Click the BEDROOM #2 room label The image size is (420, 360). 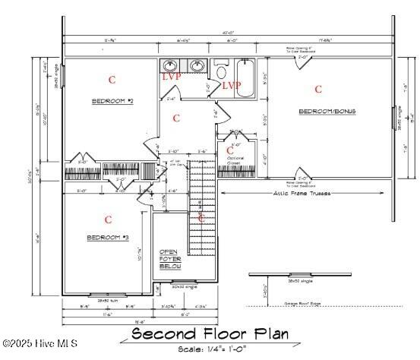(x=112, y=101)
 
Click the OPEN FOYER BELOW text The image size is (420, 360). (x=168, y=258)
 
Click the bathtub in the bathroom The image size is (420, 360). (x=248, y=81)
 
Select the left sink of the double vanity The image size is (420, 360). (x=172, y=66)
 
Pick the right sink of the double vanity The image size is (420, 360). (x=197, y=66)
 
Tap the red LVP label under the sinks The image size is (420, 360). (x=172, y=77)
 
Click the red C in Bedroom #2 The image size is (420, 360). (x=112, y=79)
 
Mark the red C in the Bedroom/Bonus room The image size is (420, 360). (x=318, y=89)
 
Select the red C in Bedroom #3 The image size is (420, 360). (x=108, y=219)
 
